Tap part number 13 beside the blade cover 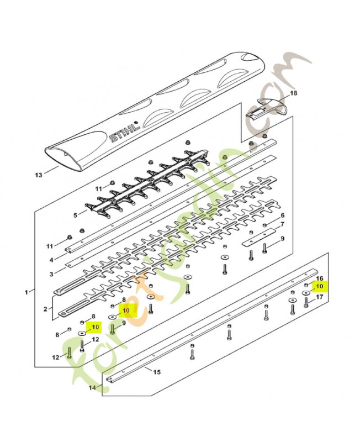click(39, 175)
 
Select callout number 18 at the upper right click(293, 93)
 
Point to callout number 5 click(75, 215)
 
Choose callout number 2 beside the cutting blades click(45, 309)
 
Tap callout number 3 click(51, 273)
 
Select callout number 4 click(51, 260)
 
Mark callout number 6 click(282, 215)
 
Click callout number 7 click(282, 225)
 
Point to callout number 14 click(92, 388)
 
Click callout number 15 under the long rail click(157, 372)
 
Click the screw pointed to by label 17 click(306, 302)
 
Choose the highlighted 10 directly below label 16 click(320, 286)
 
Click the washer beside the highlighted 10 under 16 click(306, 293)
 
